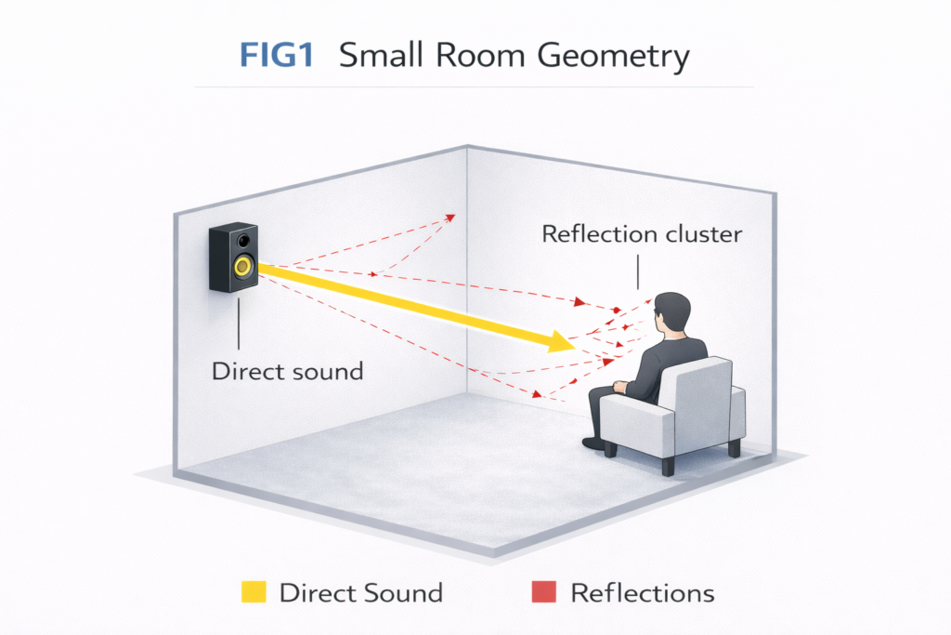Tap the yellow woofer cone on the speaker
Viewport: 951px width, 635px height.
(x=243, y=268)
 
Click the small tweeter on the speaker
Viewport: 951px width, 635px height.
(x=243, y=241)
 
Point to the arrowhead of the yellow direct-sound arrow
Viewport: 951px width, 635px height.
(x=561, y=343)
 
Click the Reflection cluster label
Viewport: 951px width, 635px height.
(x=642, y=233)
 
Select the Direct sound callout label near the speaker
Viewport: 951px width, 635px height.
(x=287, y=371)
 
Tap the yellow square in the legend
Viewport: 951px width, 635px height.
(x=253, y=592)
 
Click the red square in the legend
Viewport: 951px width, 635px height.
(x=543, y=592)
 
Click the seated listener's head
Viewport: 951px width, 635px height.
(x=671, y=313)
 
